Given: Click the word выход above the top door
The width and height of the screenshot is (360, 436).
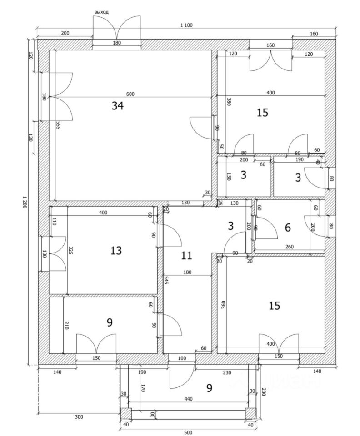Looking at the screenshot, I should click(x=101, y=12).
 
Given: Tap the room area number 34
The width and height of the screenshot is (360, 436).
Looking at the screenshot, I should click(x=117, y=106).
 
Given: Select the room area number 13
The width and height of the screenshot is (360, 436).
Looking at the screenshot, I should click(x=116, y=250).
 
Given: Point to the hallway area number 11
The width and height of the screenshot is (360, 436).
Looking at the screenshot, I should click(x=186, y=255).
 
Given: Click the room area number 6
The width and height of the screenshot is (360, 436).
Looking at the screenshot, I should click(x=287, y=228).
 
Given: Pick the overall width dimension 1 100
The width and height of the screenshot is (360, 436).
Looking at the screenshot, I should click(x=186, y=25).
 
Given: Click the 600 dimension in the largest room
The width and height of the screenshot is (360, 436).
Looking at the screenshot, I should click(x=130, y=94).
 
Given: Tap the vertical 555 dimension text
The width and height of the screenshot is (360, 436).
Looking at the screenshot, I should click(x=59, y=126).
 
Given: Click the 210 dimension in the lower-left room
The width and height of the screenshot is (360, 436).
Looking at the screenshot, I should click(x=66, y=325).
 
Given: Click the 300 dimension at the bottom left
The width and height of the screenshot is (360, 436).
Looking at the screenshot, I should click(x=79, y=416).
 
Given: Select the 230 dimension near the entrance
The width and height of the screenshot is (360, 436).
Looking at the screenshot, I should click(x=227, y=373).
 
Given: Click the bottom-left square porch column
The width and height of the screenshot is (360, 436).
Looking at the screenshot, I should click(x=126, y=413).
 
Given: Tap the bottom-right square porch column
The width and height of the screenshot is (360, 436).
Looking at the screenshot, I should click(x=250, y=413).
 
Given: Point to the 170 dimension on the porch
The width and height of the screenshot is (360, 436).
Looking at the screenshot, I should click(x=143, y=388).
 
